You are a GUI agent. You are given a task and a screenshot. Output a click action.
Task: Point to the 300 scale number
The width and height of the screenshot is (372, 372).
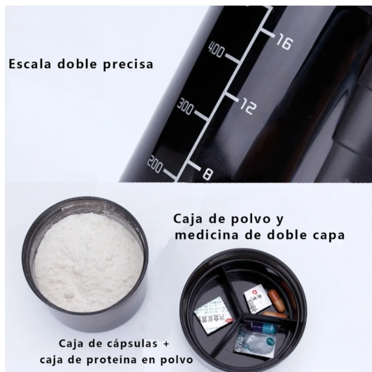(x=185, y=106)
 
